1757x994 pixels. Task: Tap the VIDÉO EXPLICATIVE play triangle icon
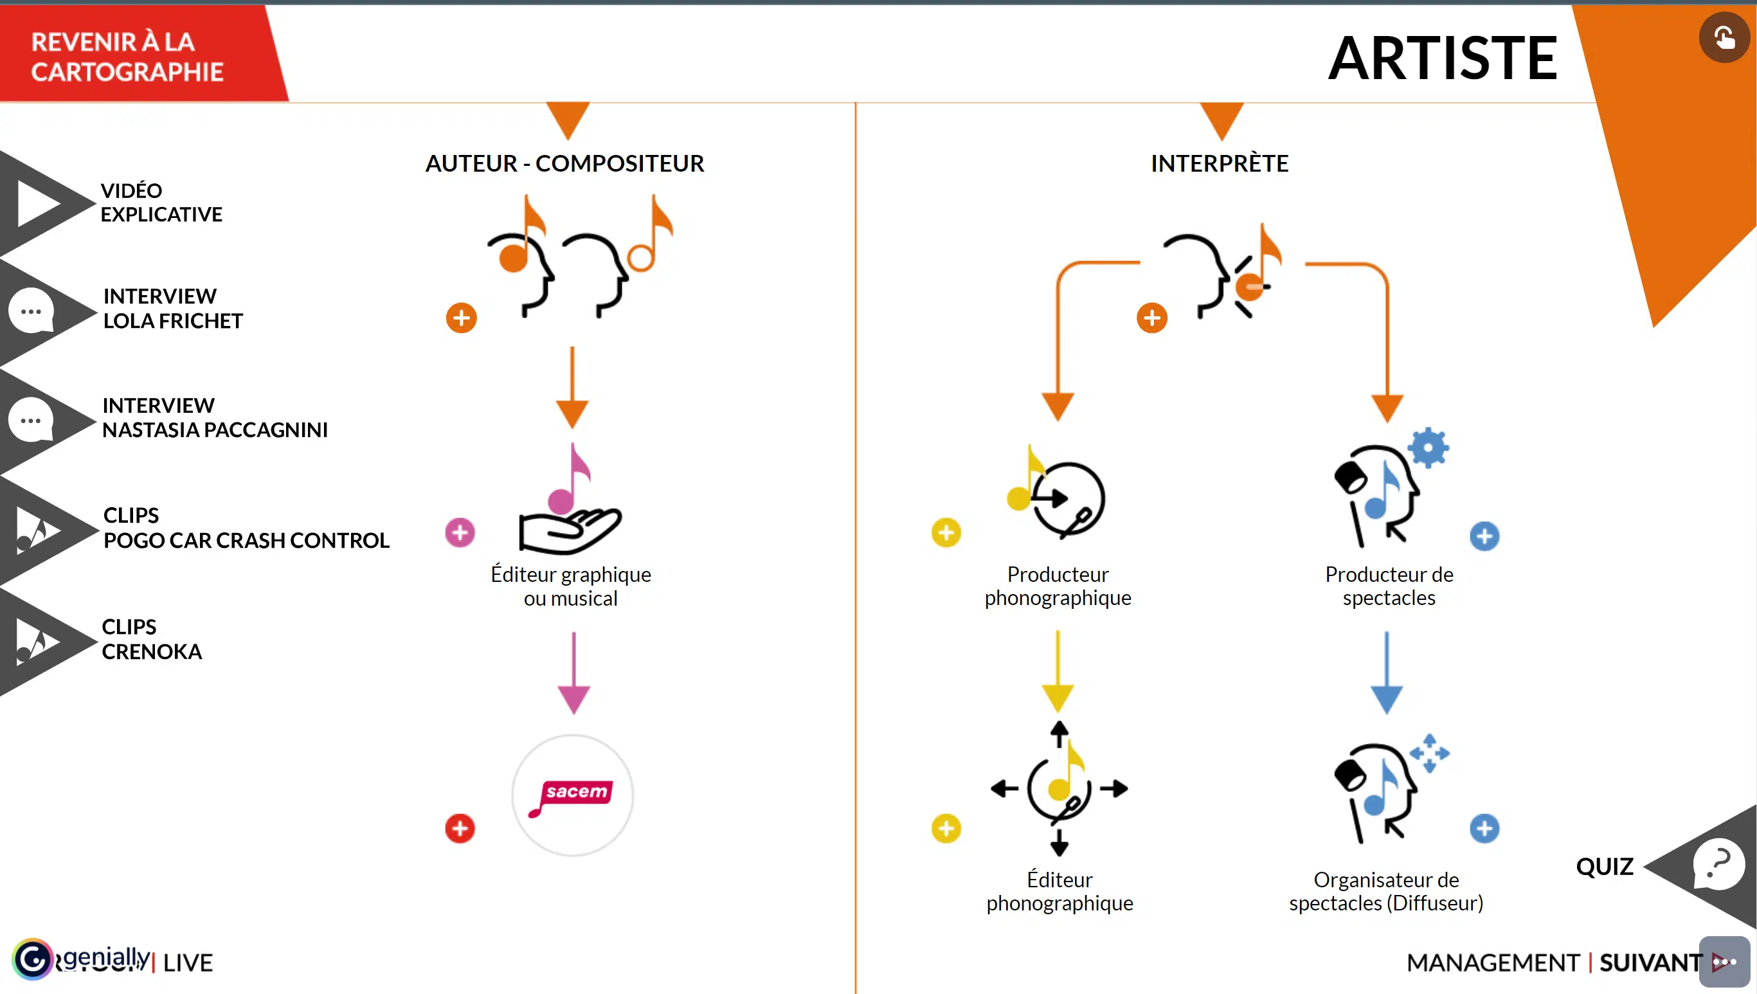click(37, 203)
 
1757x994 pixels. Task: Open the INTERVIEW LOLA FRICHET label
click(173, 309)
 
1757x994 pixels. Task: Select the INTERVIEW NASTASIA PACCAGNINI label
click(214, 418)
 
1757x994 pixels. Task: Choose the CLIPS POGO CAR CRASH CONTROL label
click(246, 528)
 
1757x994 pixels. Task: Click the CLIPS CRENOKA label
click(152, 639)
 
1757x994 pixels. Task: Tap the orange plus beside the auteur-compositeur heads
click(462, 318)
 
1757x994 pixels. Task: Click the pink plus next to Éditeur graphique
click(460, 532)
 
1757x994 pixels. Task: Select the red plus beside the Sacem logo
click(460, 829)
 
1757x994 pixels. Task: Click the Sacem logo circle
click(573, 795)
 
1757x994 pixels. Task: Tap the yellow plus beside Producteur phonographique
click(946, 532)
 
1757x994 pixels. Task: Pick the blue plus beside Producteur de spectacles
click(1484, 537)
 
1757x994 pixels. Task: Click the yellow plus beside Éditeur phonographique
click(946, 829)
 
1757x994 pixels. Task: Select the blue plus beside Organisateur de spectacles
click(1484, 829)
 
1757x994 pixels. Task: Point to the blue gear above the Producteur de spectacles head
click(1428, 448)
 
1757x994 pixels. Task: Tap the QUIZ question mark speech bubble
click(1719, 863)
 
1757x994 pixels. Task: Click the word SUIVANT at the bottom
click(1650, 962)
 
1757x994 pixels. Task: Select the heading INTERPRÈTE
click(1220, 164)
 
